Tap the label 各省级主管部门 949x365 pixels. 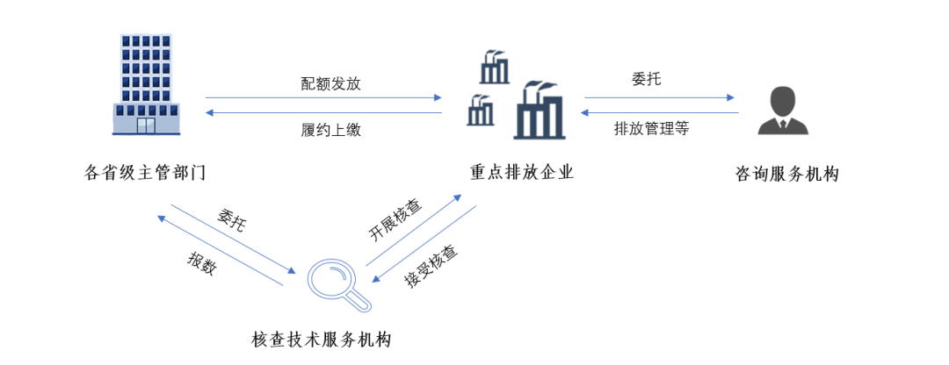click(145, 172)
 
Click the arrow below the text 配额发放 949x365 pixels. click(323, 98)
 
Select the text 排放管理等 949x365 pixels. click(652, 129)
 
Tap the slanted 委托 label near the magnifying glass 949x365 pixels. click(231, 219)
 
